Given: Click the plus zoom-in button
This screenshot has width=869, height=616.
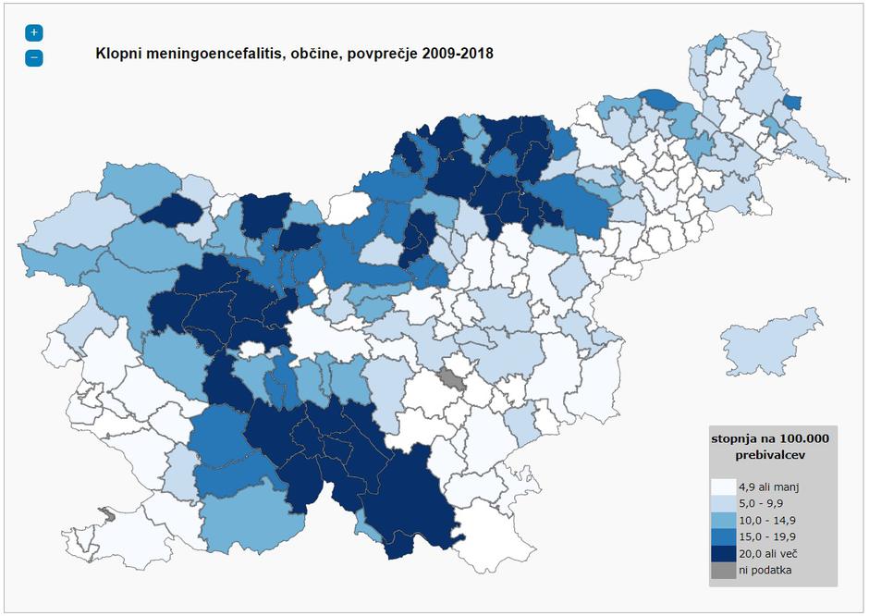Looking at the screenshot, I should pos(34,32).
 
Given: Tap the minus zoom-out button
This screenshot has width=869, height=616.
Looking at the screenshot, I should pos(34,57).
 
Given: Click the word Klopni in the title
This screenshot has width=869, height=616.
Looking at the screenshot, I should pos(118,54).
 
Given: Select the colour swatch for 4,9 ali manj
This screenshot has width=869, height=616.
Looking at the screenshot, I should pos(723,487).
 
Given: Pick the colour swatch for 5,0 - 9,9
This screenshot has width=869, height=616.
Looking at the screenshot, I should pos(723,503).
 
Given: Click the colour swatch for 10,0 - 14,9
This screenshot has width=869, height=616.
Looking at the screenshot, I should pos(723,520).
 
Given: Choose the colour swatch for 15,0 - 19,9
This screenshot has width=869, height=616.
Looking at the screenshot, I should pos(723,536).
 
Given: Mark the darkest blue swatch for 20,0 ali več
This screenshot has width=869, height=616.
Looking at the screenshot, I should pos(723,553).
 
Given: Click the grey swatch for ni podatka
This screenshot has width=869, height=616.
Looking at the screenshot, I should pos(723,570).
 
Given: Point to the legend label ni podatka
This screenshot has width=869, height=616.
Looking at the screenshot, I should pos(765,570).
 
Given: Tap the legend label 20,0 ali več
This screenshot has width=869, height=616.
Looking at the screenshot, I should pos(768,553).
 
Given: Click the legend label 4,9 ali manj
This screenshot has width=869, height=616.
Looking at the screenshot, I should pos(767,487).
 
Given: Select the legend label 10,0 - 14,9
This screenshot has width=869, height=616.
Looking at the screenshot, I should pos(767,520).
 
